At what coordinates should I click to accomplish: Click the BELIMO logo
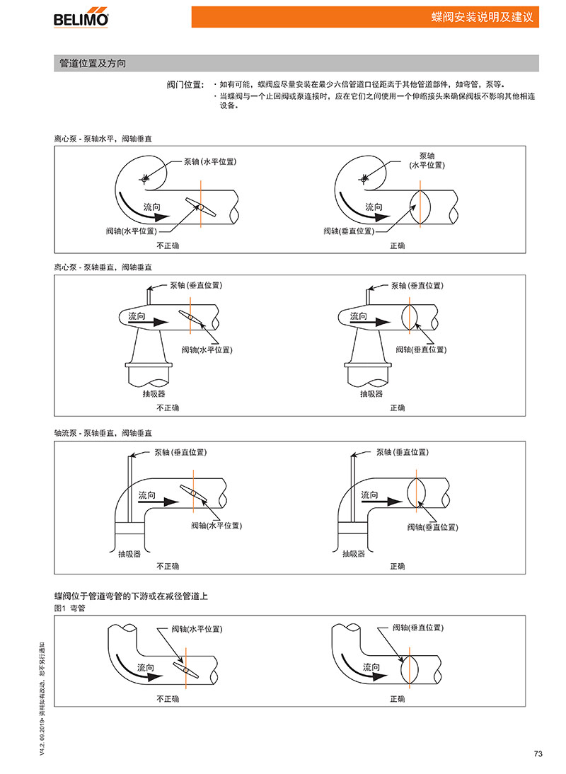pyautogui.click(x=81, y=18)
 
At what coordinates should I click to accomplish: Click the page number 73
pyautogui.click(x=537, y=753)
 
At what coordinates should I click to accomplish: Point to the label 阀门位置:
pyautogui.click(x=185, y=84)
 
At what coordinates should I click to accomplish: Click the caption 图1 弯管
pyautogui.click(x=69, y=608)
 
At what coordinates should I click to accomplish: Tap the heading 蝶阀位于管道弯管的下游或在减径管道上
pyautogui.click(x=131, y=596)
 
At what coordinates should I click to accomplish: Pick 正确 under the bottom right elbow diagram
pyautogui.click(x=398, y=699)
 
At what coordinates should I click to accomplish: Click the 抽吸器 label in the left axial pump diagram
pyautogui.click(x=129, y=554)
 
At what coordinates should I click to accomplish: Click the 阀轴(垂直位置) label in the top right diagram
pyautogui.click(x=349, y=231)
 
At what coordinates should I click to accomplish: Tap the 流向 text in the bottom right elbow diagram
pyautogui.click(x=371, y=667)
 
